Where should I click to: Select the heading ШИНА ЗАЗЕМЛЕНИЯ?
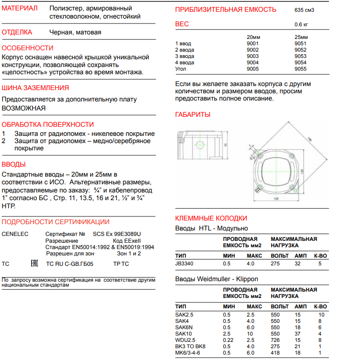click(35, 88)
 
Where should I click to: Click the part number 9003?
click(253, 56)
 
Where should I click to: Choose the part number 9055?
click(300, 69)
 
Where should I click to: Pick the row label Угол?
click(181, 69)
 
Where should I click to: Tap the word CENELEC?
click(14, 234)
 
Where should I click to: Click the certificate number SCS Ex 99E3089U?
click(117, 234)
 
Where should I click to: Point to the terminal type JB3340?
click(184, 263)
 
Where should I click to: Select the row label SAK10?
click(183, 334)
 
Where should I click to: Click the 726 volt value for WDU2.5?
click(275, 340)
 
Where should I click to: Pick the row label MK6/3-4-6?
click(187, 353)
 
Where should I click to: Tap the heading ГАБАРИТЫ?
click(192, 115)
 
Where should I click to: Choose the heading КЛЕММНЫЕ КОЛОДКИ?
click(211, 217)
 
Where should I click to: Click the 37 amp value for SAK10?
click(297, 334)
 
